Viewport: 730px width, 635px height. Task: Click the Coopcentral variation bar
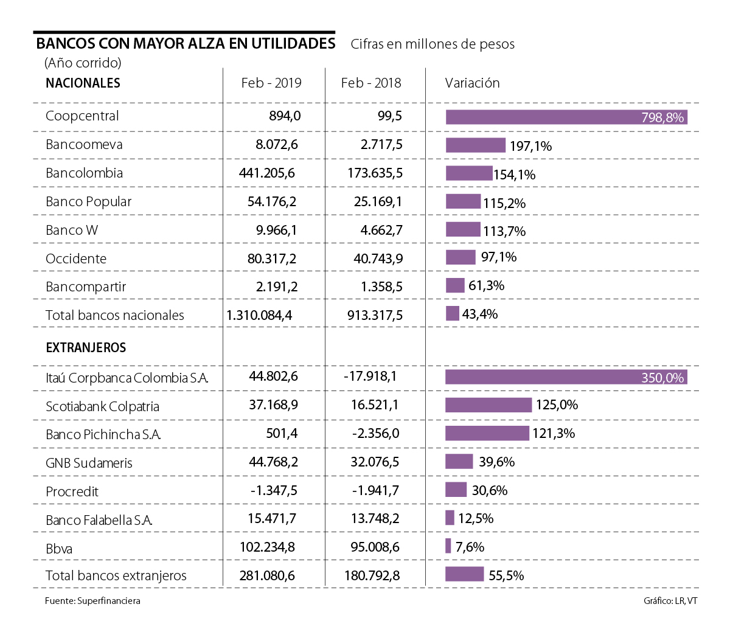[566, 117]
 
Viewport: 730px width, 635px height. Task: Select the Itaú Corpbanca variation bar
[566, 377]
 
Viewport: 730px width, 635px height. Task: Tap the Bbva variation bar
[448, 546]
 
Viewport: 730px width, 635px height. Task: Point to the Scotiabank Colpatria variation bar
[488, 405]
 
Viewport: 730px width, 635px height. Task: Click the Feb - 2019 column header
[271, 83]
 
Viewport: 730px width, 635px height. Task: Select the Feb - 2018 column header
[371, 83]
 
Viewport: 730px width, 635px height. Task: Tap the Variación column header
[472, 83]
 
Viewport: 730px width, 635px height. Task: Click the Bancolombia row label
[84, 173]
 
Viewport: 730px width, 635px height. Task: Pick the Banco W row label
[72, 231]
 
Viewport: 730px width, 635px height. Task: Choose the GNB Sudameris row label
[89, 463]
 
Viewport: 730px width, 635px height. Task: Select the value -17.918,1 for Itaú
[370, 376]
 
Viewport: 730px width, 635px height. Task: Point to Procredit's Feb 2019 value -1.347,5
[274, 490]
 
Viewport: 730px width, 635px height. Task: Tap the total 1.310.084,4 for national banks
[259, 315]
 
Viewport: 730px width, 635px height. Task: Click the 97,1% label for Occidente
[498, 257]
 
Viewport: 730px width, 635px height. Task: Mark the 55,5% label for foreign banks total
[506, 575]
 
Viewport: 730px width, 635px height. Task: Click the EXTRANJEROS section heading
[86, 348]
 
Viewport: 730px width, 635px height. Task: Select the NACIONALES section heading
[83, 83]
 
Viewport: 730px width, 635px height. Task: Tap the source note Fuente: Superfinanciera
[92, 601]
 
